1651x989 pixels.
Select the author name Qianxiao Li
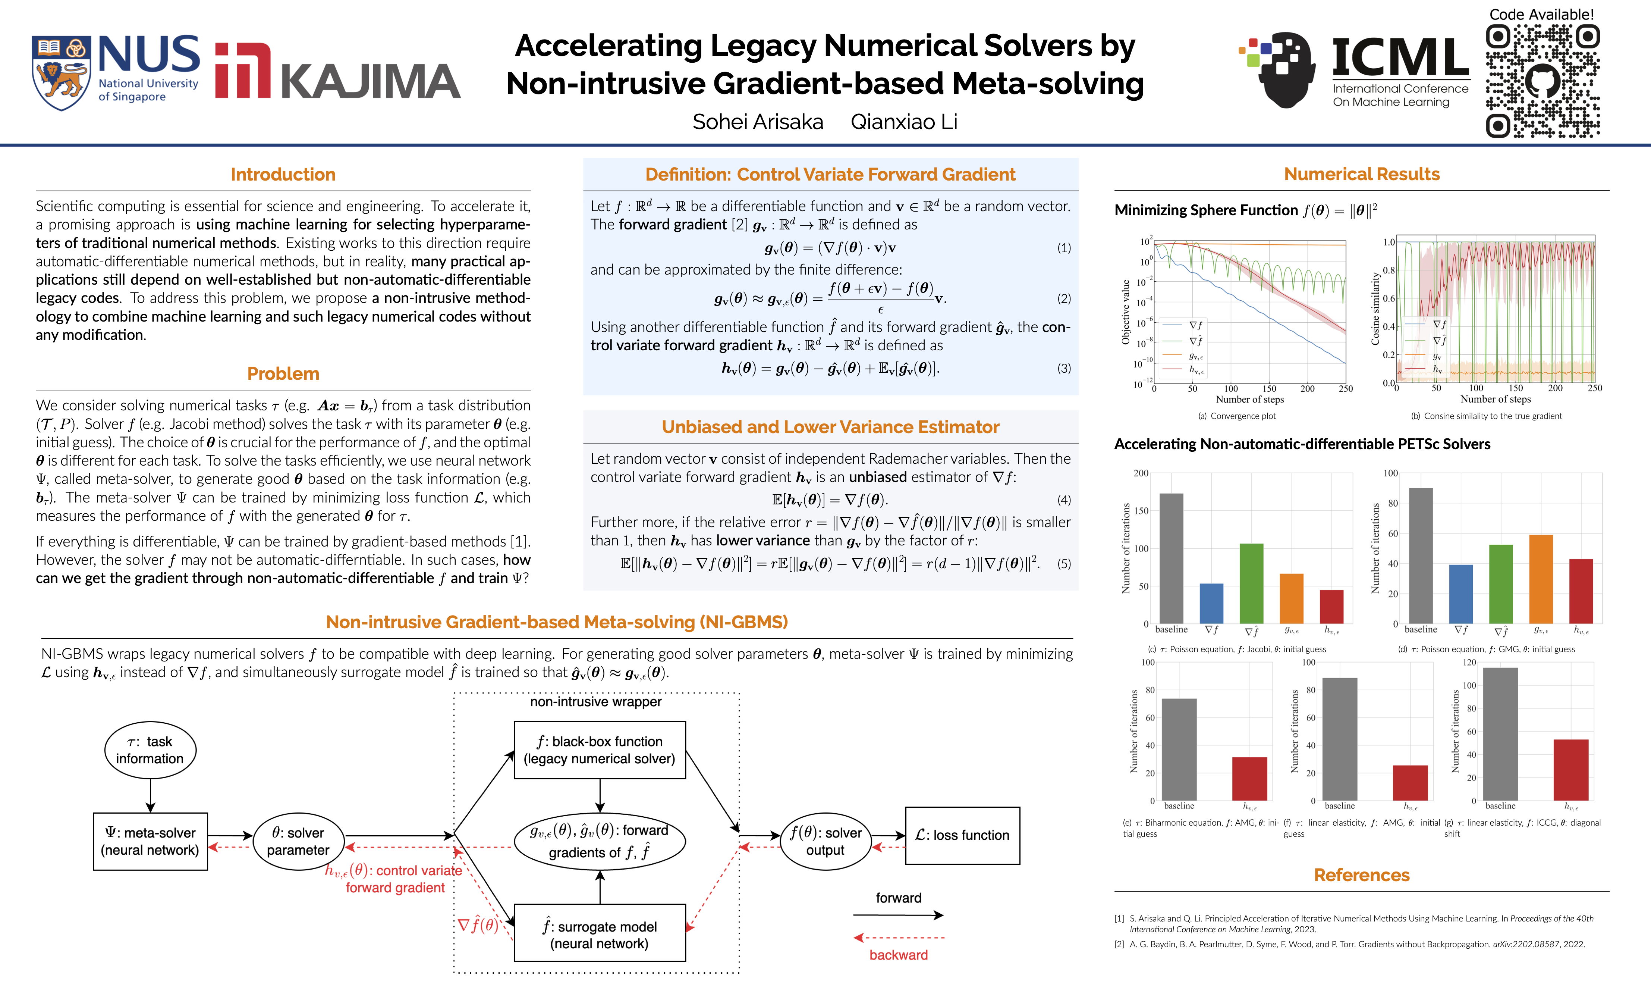click(x=904, y=122)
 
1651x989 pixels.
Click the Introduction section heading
click(x=283, y=175)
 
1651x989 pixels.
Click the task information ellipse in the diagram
click(x=150, y=750)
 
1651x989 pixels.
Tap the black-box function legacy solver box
click(x=600, y=750)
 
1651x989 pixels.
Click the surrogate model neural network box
click(x=600, y=935)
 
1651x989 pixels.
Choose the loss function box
click(x=962, y=836)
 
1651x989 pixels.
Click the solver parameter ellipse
click(x=298, y=841)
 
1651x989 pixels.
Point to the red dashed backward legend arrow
click(x=899, y=938)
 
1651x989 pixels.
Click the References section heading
click(x=1361, y=875)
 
